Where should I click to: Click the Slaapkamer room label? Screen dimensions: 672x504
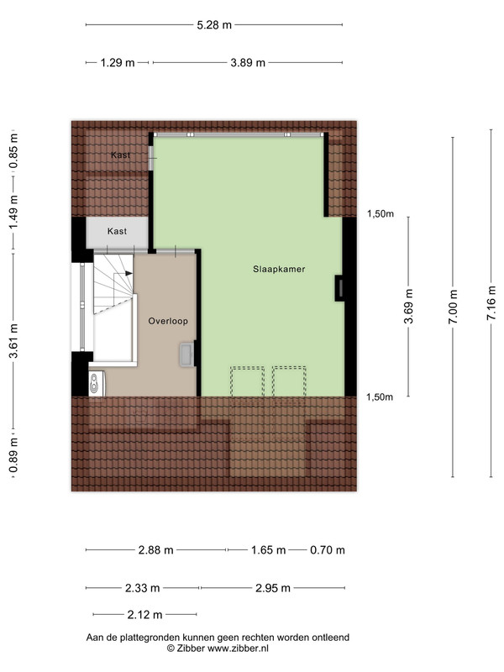click(279, 270)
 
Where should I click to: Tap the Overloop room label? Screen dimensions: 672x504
click(168, 321)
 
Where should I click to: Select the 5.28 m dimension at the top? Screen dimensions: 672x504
click(213, 25)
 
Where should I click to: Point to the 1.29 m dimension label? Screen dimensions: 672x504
click(118, 63)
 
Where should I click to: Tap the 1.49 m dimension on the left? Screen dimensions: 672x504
click(13, 229)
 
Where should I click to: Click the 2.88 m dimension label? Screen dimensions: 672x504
click(156, 551)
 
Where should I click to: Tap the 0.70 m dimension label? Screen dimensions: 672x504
click(327, 551)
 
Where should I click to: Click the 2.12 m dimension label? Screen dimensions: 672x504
click(145, 615)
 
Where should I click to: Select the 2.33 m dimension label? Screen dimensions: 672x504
click(144, 588)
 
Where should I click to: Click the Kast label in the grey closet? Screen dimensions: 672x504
click(118, 230)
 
